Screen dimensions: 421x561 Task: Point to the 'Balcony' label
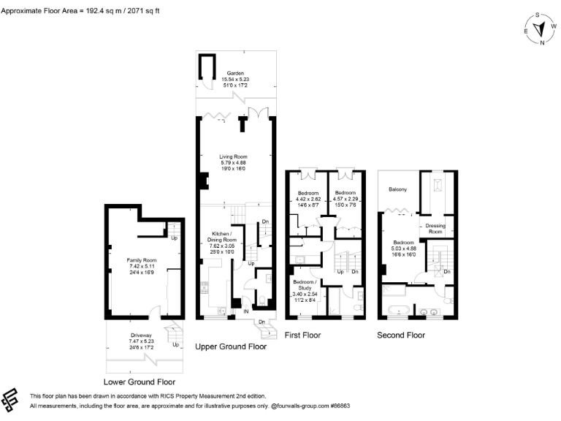tap(397, 190)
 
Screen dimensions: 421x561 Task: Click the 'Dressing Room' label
tap(435, 229)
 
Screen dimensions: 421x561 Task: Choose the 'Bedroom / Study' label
tap(305, 284)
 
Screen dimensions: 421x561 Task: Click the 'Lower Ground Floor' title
tap(140, 382)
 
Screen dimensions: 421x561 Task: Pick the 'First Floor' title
tap(304, 335)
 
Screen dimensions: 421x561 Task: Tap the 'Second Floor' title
tap(400, 335)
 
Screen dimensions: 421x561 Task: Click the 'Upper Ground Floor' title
tap(231, 347)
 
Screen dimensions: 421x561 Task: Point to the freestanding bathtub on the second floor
tap(398, 310)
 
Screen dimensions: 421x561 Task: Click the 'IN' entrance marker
tap(246, 311)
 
